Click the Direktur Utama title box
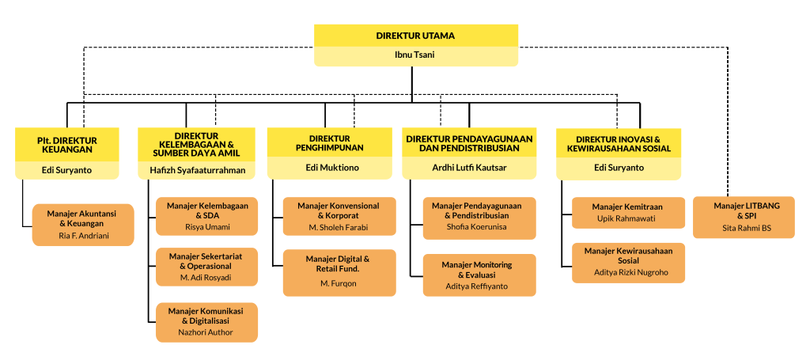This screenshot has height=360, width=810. (415, 36)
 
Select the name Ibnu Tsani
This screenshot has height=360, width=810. (415, 55)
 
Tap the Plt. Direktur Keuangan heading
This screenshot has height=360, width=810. (66, 144)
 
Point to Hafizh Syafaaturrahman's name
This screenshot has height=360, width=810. (197, 170)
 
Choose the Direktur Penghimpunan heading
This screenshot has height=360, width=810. (329, 143)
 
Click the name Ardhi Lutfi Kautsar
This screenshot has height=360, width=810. (469, 168)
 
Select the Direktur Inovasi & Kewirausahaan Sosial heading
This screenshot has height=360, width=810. (618, 144)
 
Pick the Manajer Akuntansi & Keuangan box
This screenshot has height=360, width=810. (83, 225)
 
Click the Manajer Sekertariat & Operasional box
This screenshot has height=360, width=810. (206, 267)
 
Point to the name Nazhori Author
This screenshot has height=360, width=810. (206, 333)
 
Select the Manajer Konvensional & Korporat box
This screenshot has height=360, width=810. (339, 217)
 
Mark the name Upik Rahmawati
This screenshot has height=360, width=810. (628, 218)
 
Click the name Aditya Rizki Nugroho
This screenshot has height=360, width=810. (627, 272)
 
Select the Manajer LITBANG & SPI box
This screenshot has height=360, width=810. (744, 217)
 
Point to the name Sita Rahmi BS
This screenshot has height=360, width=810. (744, 228)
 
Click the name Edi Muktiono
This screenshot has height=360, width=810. (329, 168)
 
